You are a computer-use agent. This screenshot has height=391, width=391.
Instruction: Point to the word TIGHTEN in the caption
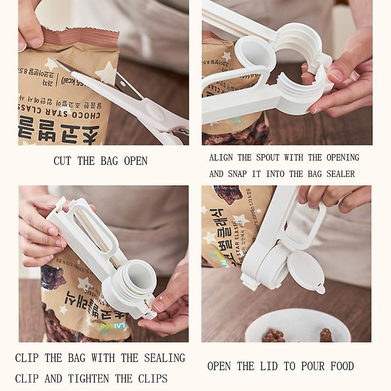point(89,379)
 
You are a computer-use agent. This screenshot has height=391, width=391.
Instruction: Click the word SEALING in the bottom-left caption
point(165,358)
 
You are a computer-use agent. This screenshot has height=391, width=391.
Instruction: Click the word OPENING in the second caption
point(343,158)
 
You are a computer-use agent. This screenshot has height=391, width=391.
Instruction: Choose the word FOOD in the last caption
point(342,366)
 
